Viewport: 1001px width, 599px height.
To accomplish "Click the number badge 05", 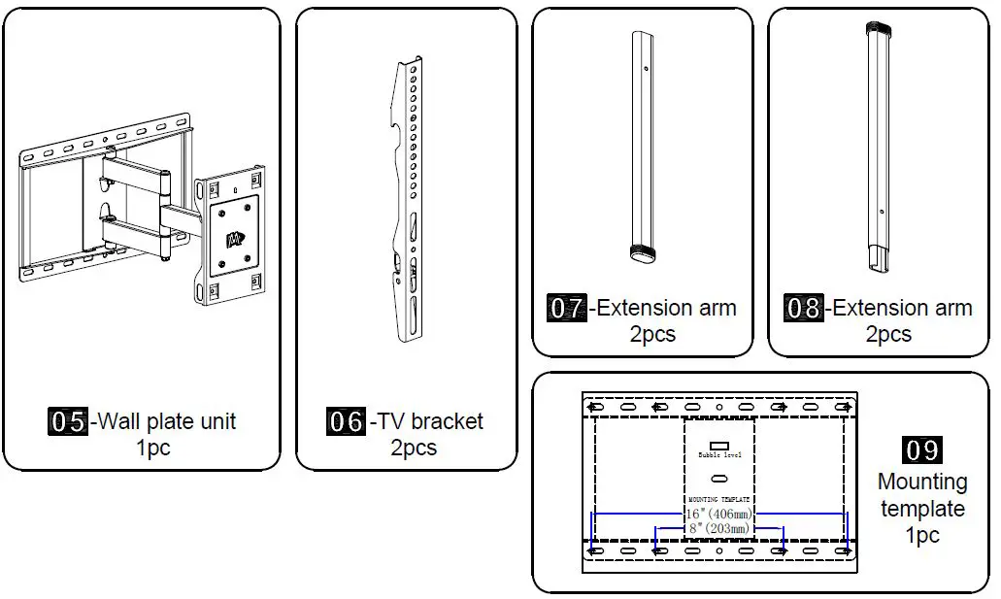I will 68,422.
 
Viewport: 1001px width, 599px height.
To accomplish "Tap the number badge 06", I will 346,422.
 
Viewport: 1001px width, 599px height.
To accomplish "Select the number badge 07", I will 567,309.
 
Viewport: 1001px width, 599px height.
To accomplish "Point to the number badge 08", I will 804,309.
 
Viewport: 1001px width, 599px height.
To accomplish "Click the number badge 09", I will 921,450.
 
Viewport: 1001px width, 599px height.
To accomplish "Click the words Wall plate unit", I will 168,422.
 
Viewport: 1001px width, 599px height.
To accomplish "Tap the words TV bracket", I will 430,422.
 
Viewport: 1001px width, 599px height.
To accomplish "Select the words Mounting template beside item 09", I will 921,495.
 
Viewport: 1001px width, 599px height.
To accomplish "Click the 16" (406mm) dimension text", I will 718,513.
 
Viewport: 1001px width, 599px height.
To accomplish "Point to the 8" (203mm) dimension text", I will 718,528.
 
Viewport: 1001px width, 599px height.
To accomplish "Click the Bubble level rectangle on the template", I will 719,446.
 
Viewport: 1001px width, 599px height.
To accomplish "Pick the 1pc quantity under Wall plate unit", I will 153,449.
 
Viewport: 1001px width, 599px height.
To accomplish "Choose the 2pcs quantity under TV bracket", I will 414,449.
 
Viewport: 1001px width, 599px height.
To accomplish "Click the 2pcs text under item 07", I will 651,334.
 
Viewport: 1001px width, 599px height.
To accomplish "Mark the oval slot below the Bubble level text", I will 719,479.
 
